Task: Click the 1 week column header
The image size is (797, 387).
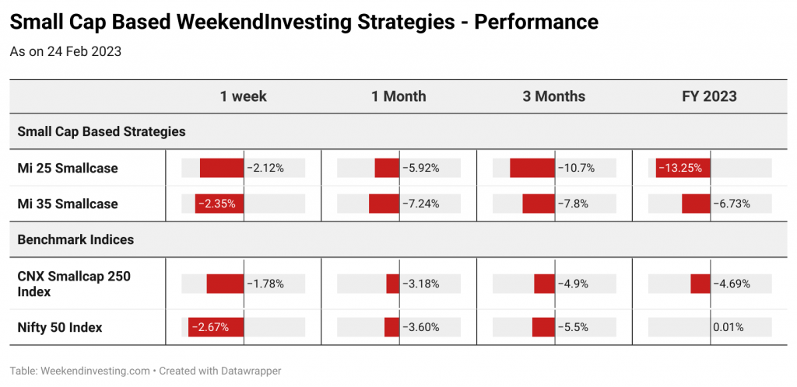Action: click(x=243, y=96)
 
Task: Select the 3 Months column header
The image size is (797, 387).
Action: click(x=554, y=96)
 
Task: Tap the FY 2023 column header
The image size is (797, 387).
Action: click(x=710, y=96)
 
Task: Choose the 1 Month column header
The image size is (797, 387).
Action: click(x=398, y=96)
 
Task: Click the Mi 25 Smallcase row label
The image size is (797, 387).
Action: click(x=68, y=168)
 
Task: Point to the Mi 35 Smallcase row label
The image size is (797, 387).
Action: click(x=68, y=204)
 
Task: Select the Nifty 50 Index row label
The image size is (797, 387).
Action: click(x=60, y=328)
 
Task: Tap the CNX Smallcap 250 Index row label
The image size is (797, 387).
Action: click(x=74, y=284)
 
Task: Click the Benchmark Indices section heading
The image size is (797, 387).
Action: click(x=75, y=239)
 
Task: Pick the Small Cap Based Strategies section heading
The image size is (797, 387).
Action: click(x=102, y=132)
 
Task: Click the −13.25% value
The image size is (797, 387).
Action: click(x=682, y=168)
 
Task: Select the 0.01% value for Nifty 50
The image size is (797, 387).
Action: click(x=729, y=328)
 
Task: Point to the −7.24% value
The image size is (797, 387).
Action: click(x=421, y=204)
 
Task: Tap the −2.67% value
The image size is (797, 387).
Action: click(x=213, y=328)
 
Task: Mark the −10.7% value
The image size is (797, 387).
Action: click(x=576, y=168)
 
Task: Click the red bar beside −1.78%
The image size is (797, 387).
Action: click(x=225, y=284)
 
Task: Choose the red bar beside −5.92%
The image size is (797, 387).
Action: click(x=387, y=168)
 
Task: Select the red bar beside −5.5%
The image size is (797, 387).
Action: click(x=543, y=328)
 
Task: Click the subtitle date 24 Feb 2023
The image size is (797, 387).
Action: click(x=84, y=52)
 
